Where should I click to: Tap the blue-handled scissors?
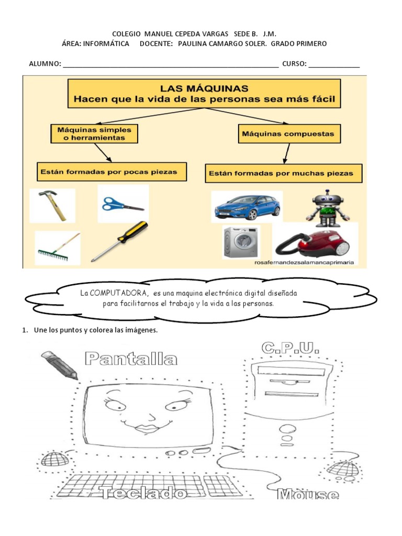pyautogui.click(x=122, y=204)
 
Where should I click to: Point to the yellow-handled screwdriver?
pyautogui.click(x=120, y=240)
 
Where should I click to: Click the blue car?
pyautogui.click(x=247, y=207)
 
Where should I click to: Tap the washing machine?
pyautogui.click(x=241, y=242)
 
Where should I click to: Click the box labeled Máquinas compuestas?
pyautogui.click(x=288, y=134)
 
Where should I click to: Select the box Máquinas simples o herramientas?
pyautogui.click(x=94, y=133)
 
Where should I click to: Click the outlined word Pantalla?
pyautogui.click(x=131, y=359)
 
